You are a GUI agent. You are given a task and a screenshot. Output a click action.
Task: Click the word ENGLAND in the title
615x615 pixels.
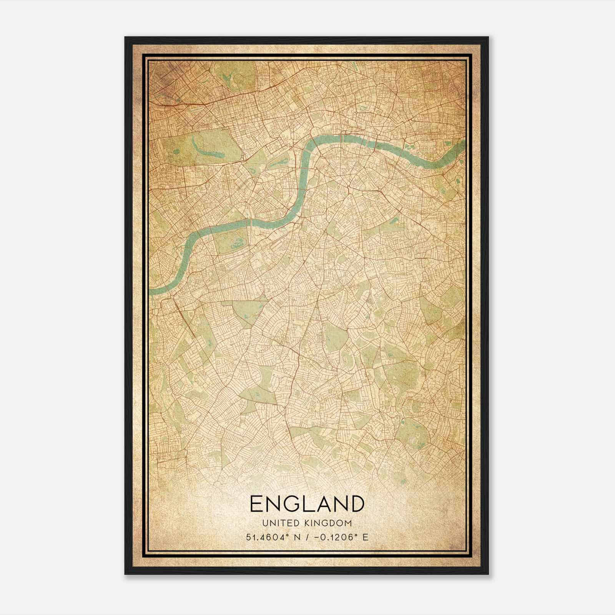307,504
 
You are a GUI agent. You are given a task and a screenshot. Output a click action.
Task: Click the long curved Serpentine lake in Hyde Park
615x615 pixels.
208,152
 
